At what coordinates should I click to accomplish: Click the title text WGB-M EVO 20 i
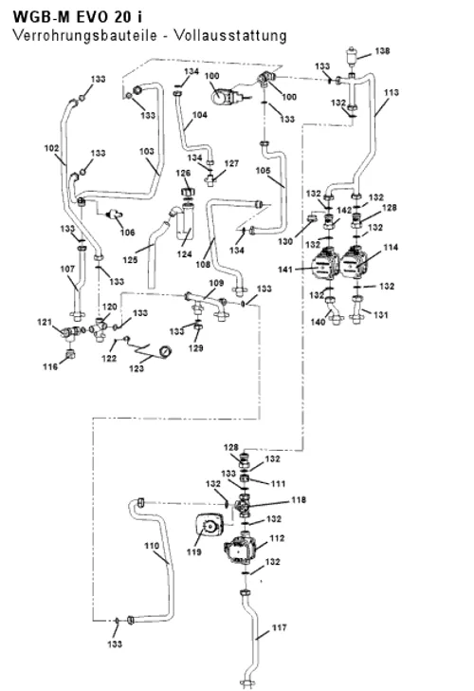(78, 17)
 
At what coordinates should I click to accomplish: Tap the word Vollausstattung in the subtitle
(230, 35)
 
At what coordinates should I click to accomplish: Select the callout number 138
(382, 51)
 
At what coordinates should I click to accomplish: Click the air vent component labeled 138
(352, 55)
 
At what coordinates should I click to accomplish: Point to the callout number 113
(392, 93)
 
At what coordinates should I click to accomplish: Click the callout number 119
(193, 551)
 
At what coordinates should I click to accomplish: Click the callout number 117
(279, 627)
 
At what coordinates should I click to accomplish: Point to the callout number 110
(152, 546)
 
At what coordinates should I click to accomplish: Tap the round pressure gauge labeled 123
(165, 351)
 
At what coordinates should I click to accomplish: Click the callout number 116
(50, 366)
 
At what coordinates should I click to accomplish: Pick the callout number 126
(183, 173)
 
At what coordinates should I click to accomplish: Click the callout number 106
(128, 233)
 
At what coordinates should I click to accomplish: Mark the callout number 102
(51, 148)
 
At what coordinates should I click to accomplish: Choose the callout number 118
(299, 500)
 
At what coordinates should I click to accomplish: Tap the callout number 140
(318, 322)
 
